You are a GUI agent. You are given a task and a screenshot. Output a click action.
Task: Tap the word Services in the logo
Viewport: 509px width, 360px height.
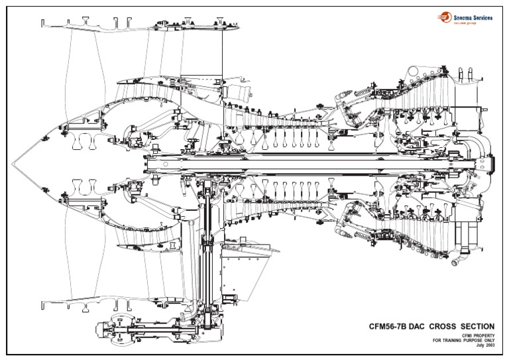pyautogui.click(x=481, y=18)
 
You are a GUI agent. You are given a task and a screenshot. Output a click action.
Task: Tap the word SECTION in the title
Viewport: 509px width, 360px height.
pyautogui.click(x=477, y=326)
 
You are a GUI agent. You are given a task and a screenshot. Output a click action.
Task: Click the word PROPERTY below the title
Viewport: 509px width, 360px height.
pyautogui.click(x=483, y=335)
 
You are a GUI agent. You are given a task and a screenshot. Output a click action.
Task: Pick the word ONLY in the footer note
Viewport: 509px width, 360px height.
pyautogui.click(x=488, y=341)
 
